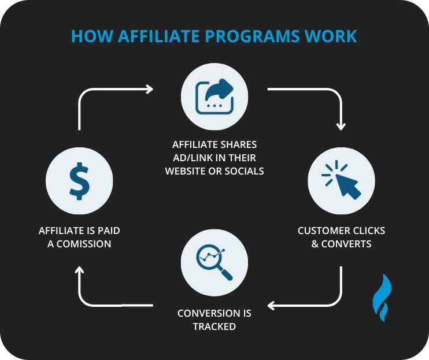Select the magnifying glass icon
pyautogui.click(x=214, y=261)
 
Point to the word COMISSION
pyautogui.click(x=87, y=244)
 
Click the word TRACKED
pyautogui.click(x=214, y=326)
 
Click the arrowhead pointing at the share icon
pyautogui.click(x=150, y=89)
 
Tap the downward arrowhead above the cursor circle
pyautogui.click(x=341, y=125)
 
